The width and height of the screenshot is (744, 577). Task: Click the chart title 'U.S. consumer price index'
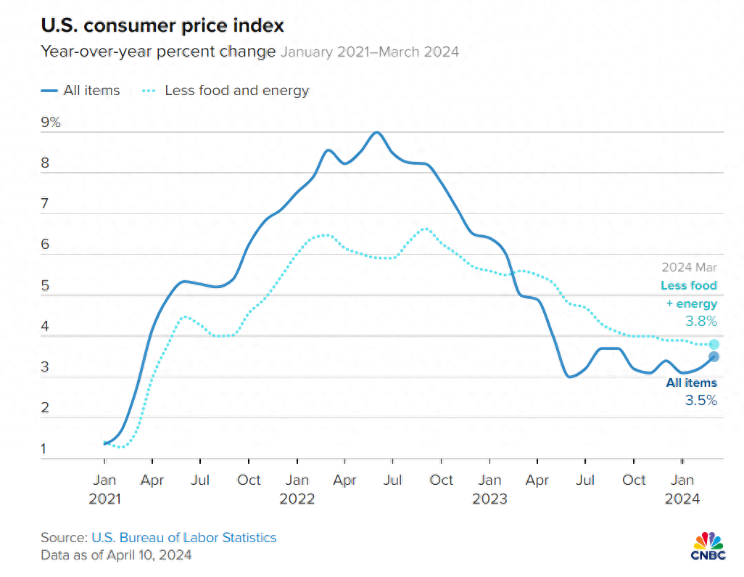162,26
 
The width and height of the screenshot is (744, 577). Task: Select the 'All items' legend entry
81,91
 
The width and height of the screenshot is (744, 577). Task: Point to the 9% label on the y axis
51,123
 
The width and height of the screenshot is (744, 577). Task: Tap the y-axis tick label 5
45,286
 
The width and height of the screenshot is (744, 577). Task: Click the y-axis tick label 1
45,449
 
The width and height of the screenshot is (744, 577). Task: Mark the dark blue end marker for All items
714,356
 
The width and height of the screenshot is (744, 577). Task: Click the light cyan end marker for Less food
714,344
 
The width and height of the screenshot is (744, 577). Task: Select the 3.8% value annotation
701,321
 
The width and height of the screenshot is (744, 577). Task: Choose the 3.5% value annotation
701,399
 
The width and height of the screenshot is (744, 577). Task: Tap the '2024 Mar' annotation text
689,267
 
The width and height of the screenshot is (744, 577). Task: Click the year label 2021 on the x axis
104,499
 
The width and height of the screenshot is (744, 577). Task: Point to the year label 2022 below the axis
297,499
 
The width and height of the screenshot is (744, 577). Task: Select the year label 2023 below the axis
489,499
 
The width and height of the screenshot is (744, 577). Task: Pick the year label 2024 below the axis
682,499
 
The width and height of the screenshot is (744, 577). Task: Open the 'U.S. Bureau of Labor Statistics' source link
183,538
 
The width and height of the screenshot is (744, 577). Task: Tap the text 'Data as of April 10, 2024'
116,555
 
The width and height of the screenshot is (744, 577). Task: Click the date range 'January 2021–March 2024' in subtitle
370,52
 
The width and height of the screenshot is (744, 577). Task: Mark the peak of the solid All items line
376,133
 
